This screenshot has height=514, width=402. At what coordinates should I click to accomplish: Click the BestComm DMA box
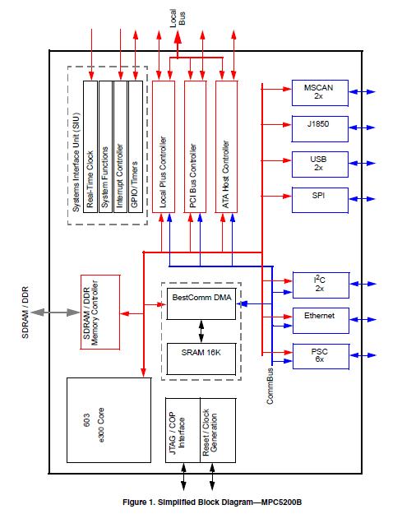tap(201, 301)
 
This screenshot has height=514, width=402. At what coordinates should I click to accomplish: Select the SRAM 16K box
tap(201, 351)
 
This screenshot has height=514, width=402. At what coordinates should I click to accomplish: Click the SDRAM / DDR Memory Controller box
tap(100, 312)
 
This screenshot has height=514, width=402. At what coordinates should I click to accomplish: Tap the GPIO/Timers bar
tap(133, 147)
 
